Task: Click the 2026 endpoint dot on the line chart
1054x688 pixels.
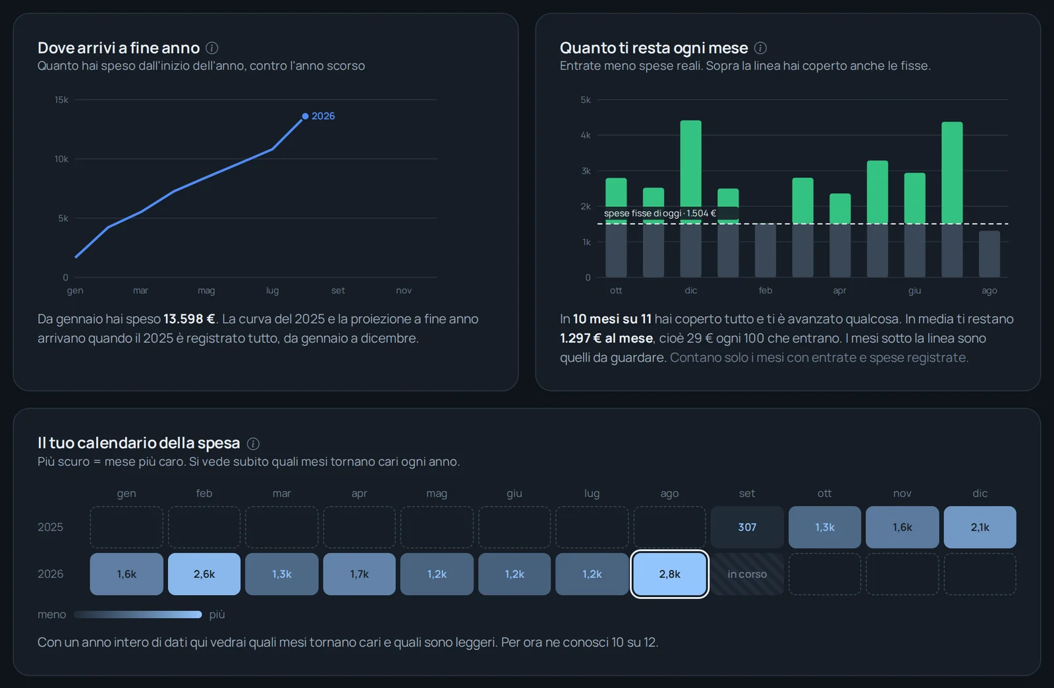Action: tap(306, 116)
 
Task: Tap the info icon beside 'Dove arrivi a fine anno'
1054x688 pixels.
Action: tap(211, 48)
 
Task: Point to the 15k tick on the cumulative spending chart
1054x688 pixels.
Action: tap(62, 100)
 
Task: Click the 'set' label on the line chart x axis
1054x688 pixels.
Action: tap(338, 291)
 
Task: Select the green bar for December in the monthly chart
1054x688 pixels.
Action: tap(691, 172)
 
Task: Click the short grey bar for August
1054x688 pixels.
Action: tap(989, 254)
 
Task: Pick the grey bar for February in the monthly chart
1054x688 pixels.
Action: tap(765, 250)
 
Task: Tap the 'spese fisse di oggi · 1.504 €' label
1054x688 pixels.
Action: tap(659, 213)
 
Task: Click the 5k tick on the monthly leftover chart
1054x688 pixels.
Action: tap(586, 100)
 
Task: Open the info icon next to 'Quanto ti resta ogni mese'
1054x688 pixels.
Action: tap(760, 48)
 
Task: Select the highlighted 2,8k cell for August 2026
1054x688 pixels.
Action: tap(669, 574)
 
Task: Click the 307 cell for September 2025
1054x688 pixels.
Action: tap(747, 527)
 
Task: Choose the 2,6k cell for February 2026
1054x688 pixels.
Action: tap(204, 574)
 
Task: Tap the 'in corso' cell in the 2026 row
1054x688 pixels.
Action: tap(747, 574)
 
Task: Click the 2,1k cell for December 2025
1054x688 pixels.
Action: tap(980, 527)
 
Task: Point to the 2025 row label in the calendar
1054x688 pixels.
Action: tap(50, 527)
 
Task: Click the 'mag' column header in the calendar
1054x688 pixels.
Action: tap(437, 493)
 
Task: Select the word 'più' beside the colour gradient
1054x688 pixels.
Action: tap(217, 615)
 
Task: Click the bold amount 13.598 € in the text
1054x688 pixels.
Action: tap(189, 319)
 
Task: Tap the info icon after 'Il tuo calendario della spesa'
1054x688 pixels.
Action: tap(253, 444)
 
